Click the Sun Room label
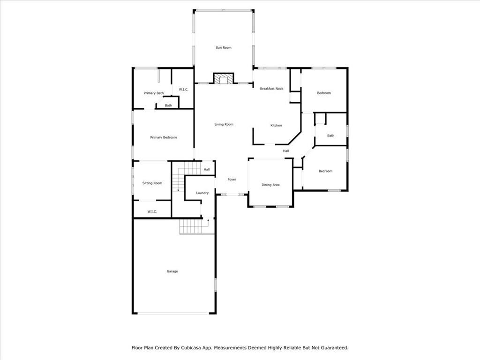pos(224,48)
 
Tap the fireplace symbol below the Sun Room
pos(223,79)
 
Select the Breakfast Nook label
pos(272,89)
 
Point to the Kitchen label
pos(276,126)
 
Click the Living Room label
pos(224,124)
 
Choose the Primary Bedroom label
pos(163,137)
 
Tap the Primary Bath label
pos(153,93)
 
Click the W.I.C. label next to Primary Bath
pos(183,89)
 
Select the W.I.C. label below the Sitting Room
pos(152,211)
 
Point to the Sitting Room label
pos(152,183)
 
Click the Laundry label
pos(202,193)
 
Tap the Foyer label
pos(232,180)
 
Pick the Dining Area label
pos(270,185)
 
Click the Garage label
pos(172,271)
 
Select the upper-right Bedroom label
pos(324,93)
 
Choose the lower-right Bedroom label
pos(325,171)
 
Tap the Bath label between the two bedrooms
pos(330,136)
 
